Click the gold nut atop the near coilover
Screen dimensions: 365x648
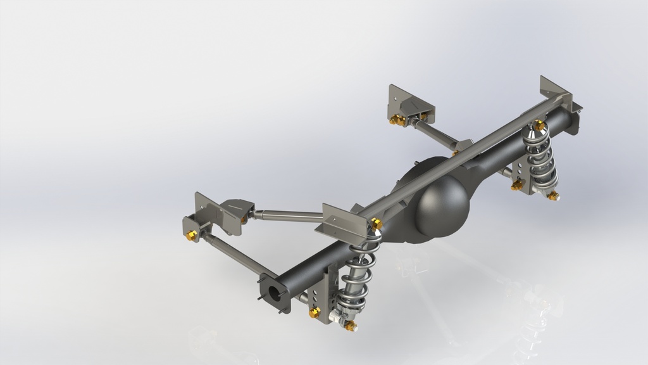[376, 222]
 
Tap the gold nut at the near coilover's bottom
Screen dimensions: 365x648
[350, 326]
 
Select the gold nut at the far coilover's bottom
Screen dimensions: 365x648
[553, 195]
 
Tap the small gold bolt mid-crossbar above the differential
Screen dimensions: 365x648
[454, 152]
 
